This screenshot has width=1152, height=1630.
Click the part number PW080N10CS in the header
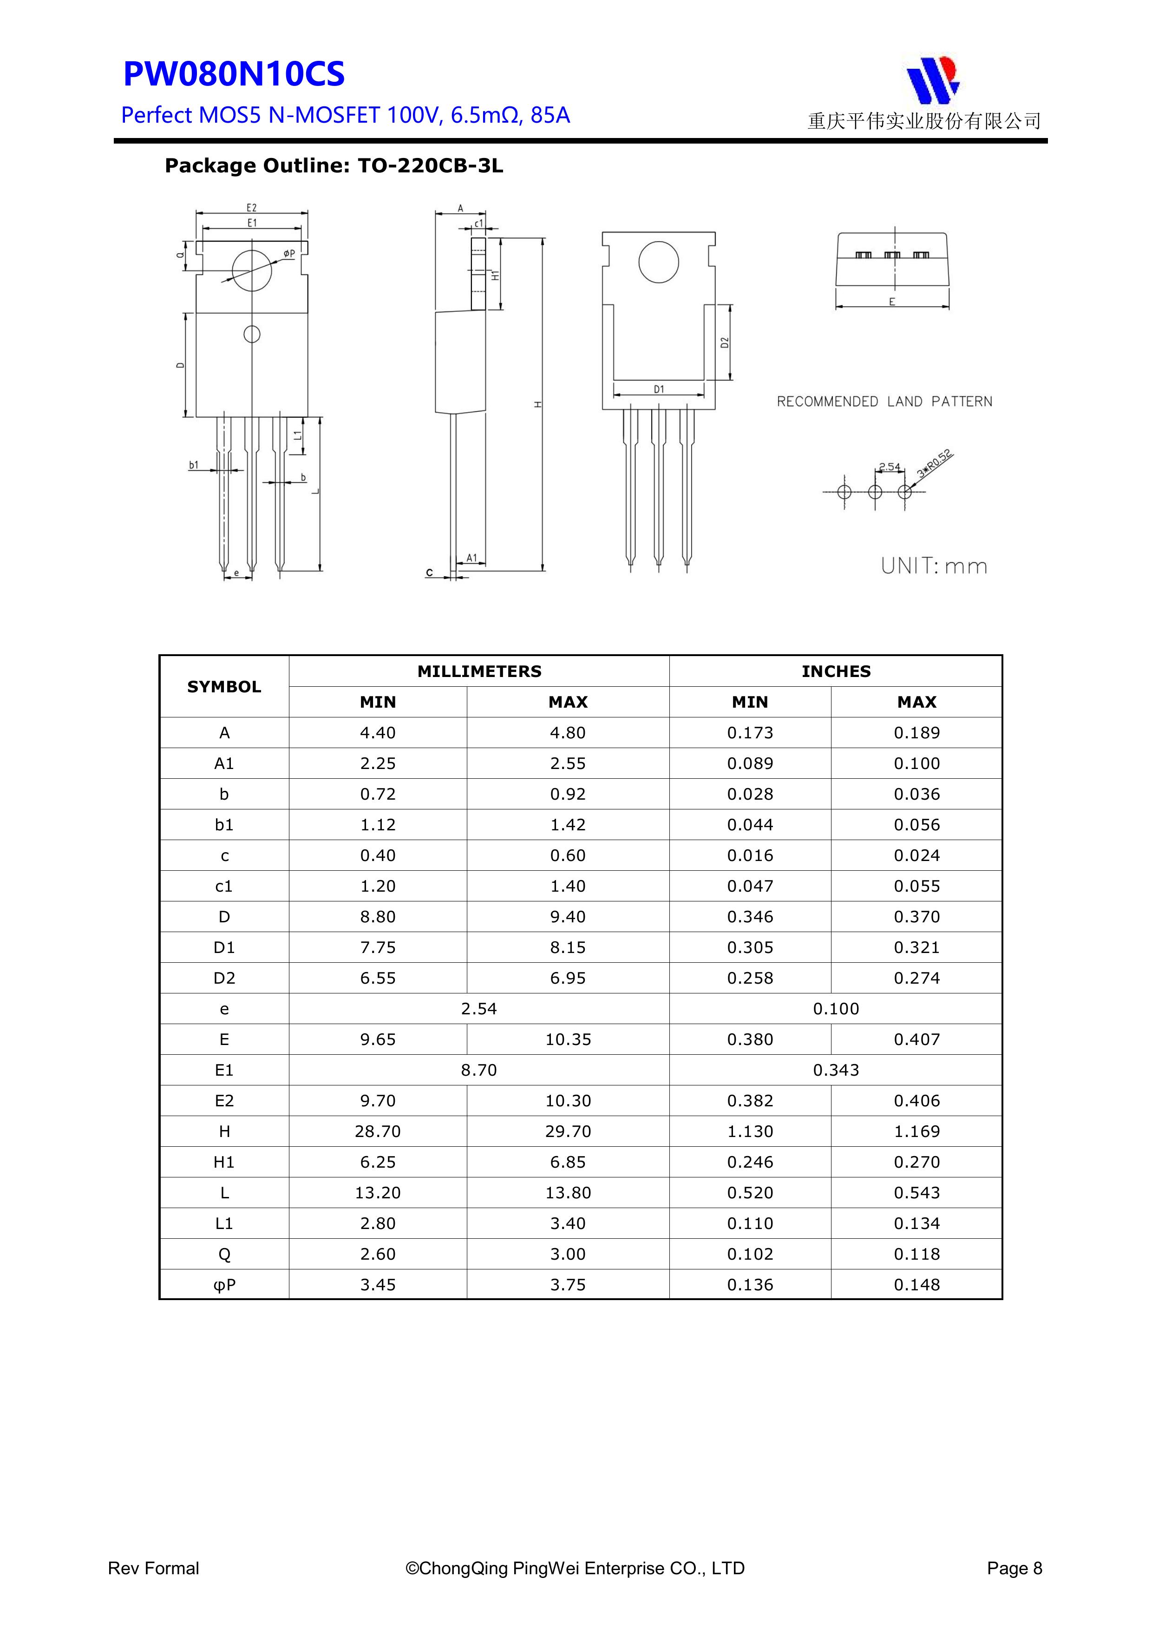click(x=234, y=74)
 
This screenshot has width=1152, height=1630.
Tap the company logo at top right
click(x=932, y=79)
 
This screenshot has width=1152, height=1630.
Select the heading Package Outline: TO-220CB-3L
click(x=334, y=166)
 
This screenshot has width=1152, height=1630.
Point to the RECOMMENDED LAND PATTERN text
click(x=884, y=402)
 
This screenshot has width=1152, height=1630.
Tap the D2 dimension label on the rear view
click(x=725, y=342)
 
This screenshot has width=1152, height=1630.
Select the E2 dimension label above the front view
click(x=251, y=208)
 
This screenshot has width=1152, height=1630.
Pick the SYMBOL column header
click(x=224, y=686)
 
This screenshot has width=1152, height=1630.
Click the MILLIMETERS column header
click(x=479, y=671)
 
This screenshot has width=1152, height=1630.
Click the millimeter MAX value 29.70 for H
click(x=568, y=1131)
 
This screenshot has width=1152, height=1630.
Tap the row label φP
click(x=224, y=1285)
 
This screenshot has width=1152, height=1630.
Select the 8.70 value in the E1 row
click(x=479, y=1070)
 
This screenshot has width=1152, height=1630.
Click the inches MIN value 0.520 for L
click(x=750, y=1193)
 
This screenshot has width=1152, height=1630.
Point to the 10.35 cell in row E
click(x=568, y=1039)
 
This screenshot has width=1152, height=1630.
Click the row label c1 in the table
click(x=224, y=886)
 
